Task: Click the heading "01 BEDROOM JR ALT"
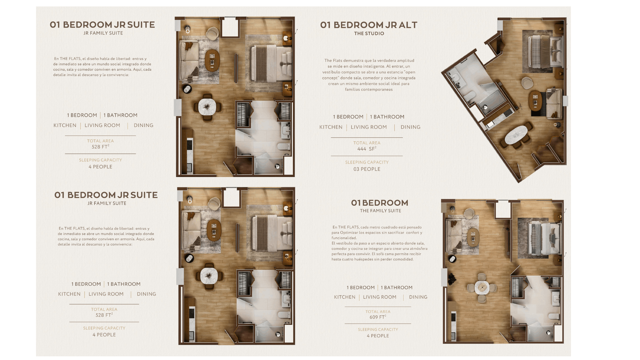point(369,25)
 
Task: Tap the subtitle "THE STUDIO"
point(369,33)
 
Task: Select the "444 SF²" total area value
point(367,149)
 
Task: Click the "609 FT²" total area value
point(378,317)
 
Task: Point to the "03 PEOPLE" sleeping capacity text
point(367,169)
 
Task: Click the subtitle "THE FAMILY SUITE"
point(380,211)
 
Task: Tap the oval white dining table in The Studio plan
point(516,134)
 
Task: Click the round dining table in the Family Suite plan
point(482,288)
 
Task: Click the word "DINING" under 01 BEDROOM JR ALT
point(410,127)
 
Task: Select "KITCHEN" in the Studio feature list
point(331,127)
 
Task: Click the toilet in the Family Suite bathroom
point(553,316)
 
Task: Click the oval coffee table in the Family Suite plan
point(473,237)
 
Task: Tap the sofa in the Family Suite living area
point(454,236)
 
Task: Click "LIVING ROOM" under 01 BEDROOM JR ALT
point(369,127)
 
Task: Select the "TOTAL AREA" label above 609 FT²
point(378,312)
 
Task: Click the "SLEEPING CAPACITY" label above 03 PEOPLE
point(367,162)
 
